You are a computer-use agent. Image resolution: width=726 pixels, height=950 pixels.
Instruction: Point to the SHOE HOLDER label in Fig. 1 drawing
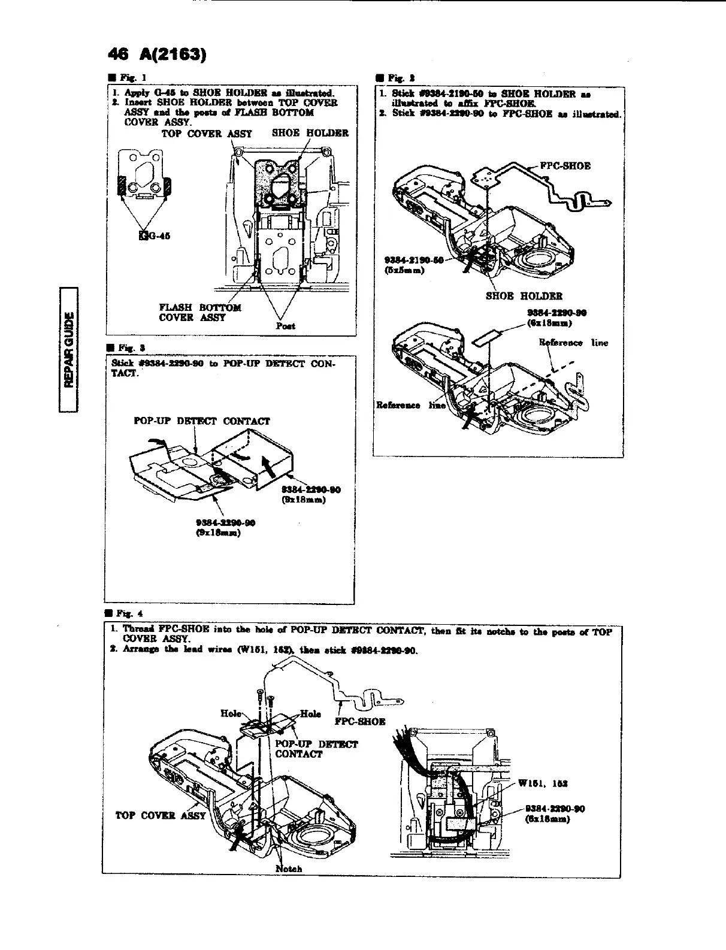[310, 133]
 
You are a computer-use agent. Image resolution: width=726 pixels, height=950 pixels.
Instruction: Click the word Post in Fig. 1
[285, 326]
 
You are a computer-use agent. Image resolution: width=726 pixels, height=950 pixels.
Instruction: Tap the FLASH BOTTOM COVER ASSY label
[200, 312]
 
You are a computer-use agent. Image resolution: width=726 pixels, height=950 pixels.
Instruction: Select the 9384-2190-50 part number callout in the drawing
[413, 260]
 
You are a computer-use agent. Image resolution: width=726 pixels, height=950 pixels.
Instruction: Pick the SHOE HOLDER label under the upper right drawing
[524, 295]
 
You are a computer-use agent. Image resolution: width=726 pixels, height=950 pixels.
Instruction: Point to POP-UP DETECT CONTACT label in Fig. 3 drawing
[201, 421]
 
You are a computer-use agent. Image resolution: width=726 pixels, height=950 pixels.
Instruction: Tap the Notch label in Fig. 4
[289, 869]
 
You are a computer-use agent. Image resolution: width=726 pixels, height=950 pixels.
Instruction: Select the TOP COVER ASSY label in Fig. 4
[160, 815]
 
